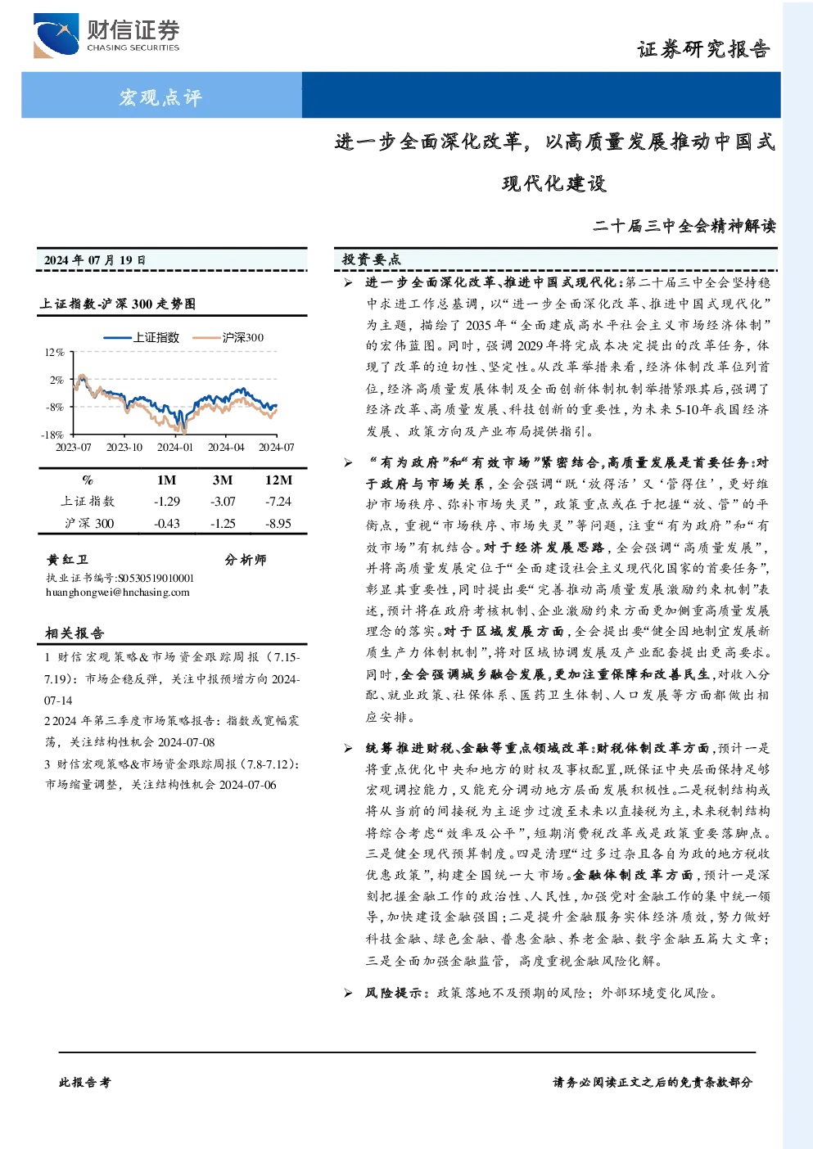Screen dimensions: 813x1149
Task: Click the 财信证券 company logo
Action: click(106, 35)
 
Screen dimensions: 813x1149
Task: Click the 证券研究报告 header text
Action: click(703, 49)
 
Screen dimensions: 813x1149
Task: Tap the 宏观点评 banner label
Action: click(160, 97)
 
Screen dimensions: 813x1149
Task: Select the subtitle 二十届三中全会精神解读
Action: click(684, 226)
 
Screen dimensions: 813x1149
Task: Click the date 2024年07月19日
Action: click(94, 260)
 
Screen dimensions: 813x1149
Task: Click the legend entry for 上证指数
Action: click(141, 337)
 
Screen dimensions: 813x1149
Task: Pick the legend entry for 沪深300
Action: click(228, 337)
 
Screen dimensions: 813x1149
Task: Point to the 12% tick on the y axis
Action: click(54, 353)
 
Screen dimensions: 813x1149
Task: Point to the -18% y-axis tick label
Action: click(52, 435)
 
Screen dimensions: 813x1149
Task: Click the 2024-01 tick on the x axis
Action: click(175, 448)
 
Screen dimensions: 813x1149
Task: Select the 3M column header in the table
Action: click(222, 480)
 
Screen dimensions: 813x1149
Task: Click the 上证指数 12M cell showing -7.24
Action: click(278, 502)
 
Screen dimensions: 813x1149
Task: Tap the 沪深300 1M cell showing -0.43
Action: click(167, 524)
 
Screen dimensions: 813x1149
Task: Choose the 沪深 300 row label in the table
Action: click(89, 524)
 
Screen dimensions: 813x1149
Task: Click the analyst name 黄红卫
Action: click(66, 560)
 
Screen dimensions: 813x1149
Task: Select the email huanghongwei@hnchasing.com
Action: click(118, 593)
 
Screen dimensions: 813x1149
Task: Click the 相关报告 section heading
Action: click(75, 633)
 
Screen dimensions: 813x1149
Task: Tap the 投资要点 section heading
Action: click(372, 259)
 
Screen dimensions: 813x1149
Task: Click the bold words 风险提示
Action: click(394, 993)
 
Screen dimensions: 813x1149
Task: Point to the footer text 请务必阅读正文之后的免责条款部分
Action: click(653, 1083)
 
